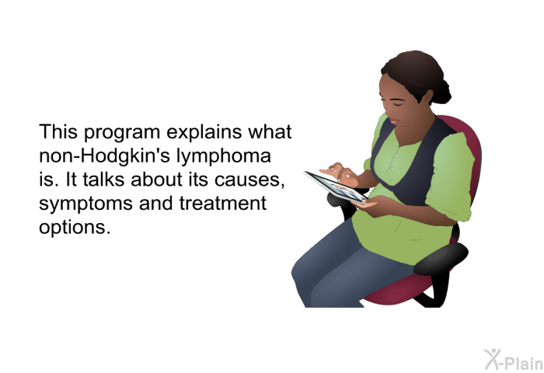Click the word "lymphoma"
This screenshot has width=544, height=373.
click(x=224, y=156)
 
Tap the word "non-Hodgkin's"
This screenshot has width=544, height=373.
click(x=104, y=155)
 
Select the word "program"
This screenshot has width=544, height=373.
click(x=122, y=133)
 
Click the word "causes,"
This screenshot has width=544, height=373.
click(x=249, y=180)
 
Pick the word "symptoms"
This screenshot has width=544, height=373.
click(x=85, y=204)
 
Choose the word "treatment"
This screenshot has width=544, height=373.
click(x=223, y=203)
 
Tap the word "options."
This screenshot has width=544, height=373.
click(x=75, y=228)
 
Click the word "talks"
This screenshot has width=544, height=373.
click(x=103, y=179)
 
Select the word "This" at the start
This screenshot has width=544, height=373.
click(x=58, y=132)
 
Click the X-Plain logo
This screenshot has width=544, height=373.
click(x=514, y=360)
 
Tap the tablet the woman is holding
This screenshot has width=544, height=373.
click(x=336, y=187)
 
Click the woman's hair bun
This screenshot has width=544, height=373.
click(x=441, y=92)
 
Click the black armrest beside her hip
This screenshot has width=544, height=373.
click(x=441, y=259)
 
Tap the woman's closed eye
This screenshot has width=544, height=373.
click(x=397, y=103)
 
